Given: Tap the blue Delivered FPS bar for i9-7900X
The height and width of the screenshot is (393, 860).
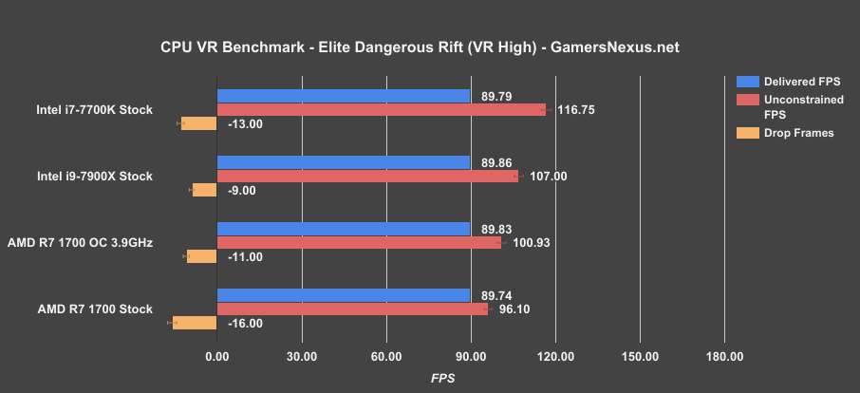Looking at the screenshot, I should tap(344, 162).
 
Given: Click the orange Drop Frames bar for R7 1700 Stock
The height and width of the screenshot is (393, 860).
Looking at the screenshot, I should tap(195, 323).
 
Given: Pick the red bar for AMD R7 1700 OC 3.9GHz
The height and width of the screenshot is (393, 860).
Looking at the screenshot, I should tap(360, 242).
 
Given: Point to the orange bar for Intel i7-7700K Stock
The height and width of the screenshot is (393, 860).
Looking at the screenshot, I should tap(199, 123).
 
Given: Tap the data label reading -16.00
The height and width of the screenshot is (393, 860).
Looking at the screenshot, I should tap(245, 323).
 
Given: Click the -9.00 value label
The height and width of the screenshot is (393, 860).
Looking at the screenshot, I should tap(243, 190).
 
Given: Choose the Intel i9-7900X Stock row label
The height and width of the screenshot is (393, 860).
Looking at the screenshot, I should tap(94, 177).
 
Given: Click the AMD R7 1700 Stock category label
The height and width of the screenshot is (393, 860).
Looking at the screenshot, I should tap(94, 309).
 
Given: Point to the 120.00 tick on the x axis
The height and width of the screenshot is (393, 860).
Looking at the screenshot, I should tap(555, 357).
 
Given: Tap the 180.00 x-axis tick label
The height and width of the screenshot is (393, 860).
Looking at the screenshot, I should tap(724, 357).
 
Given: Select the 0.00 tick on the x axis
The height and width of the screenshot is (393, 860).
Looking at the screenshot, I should tap(217, 357).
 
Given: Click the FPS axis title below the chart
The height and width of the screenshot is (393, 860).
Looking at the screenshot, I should tap(442, 377).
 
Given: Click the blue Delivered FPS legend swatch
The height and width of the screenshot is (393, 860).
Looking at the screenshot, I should tap(744, 81).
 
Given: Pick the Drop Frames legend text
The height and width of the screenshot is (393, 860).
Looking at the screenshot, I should tap(798, 133).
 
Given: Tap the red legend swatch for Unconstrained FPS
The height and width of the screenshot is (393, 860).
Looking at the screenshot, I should tap(744, 99).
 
